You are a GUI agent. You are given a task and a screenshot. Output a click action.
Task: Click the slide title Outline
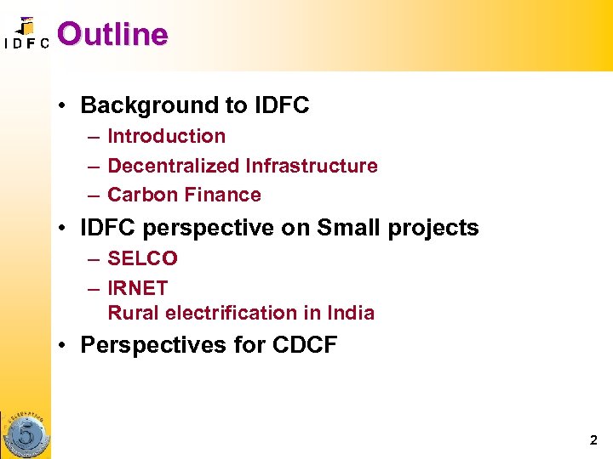tap(112, 34)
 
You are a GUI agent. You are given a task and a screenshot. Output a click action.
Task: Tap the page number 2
tap(593, 440)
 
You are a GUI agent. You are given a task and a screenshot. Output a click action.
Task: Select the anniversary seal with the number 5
tap(26, 435)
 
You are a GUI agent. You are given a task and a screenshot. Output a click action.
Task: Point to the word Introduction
tap(167, 136)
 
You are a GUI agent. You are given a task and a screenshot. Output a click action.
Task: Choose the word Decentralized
tap(174, 166)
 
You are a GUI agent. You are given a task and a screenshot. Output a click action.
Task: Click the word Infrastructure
tap(312, 166)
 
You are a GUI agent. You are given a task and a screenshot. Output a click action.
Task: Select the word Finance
tap(221, 195)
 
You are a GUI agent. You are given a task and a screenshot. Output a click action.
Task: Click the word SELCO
tap(142, 258)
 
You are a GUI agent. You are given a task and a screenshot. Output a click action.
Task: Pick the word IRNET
tap(138, 288)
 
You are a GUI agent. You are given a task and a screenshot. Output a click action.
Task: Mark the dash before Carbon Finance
tap(91, 195)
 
